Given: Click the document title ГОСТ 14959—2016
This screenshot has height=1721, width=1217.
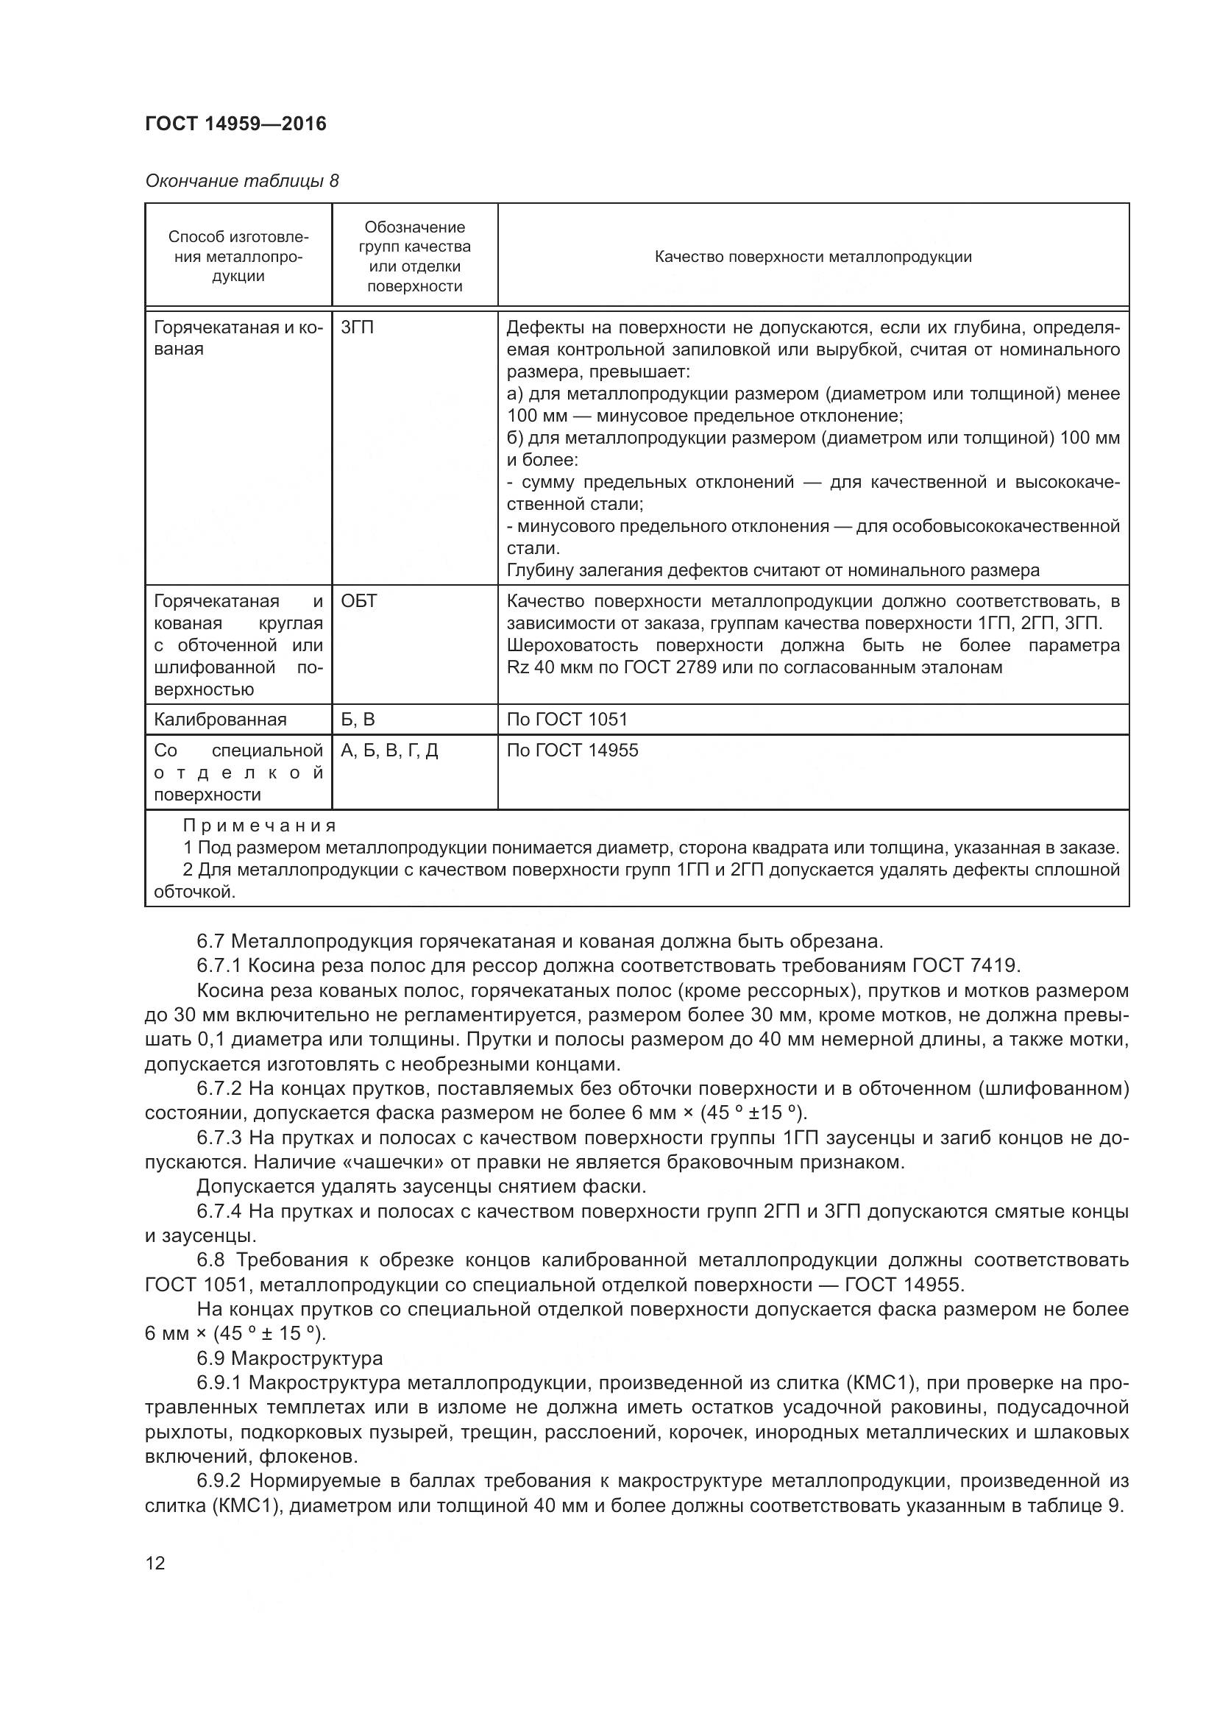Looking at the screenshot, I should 235,124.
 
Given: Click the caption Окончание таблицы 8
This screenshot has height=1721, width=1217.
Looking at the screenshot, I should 241,182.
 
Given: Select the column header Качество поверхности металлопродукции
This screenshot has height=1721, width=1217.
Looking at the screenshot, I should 813,257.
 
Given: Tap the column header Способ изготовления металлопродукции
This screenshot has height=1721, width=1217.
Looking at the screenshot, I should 238,256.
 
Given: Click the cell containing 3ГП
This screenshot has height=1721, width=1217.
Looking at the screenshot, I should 358,327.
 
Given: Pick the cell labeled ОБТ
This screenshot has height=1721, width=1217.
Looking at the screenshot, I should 359,601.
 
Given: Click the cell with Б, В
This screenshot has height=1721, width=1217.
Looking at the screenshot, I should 358,720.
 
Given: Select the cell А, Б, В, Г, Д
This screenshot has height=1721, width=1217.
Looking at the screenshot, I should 389,751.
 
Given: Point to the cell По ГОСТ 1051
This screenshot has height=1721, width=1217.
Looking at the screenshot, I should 567,720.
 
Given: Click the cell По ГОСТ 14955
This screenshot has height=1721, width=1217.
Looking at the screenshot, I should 572,751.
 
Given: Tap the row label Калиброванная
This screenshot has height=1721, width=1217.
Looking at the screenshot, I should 220,720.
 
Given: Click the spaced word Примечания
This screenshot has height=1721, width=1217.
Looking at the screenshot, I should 259,826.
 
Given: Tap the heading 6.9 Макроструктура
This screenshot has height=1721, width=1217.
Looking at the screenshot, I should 289,1358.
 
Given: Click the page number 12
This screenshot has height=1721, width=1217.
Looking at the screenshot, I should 155,1563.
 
